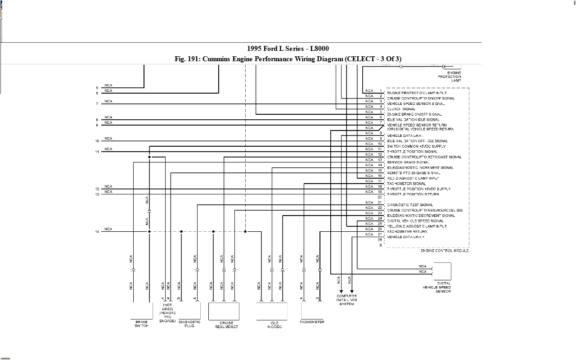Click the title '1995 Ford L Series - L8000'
(288, 49)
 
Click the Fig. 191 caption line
(288, 59)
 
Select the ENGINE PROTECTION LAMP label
(450, 76)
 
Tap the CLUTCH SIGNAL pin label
(401, 109)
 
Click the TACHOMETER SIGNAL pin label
(406, 184)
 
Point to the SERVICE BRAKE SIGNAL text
(408, 162)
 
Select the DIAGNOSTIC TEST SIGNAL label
(410, 205)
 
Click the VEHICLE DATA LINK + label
(405, 237)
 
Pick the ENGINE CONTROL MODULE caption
(445, 250)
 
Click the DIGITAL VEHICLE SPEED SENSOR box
(441, 271)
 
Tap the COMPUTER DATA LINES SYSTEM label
(346, 300)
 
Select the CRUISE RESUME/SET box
(224, 311)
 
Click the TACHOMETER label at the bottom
(312, 322)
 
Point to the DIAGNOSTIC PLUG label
(189, 324)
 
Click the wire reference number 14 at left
(97, 232)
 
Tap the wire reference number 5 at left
(97, 88)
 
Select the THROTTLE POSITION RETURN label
(413, 194)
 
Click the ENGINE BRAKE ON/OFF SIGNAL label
(414, 114)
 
